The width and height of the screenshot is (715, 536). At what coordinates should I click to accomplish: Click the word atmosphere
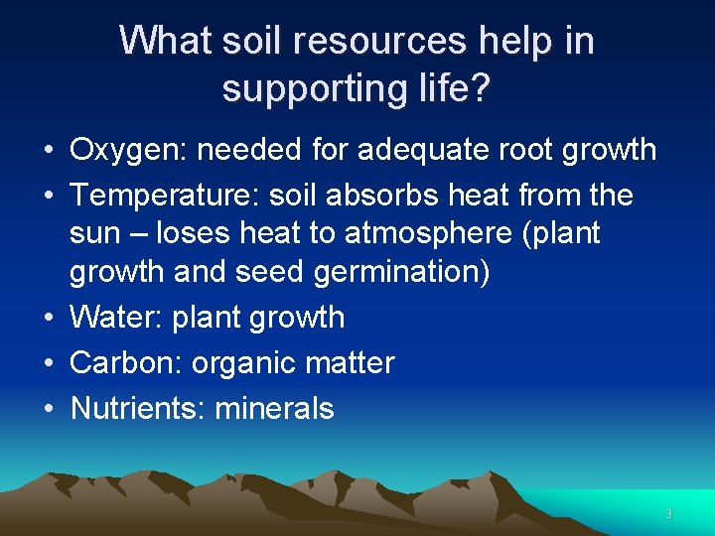(x=430, y=233)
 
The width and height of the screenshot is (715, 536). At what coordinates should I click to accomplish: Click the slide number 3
(x=668, y=514)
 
